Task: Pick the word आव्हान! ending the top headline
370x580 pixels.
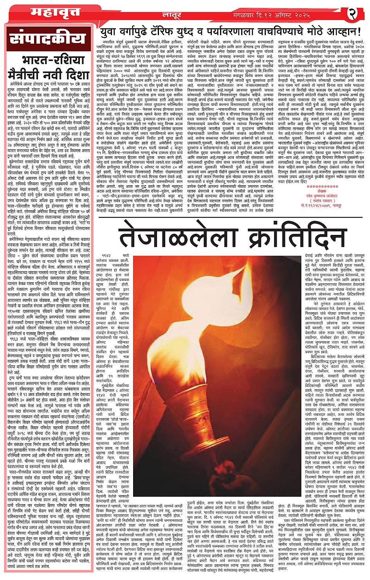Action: [342, 32]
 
